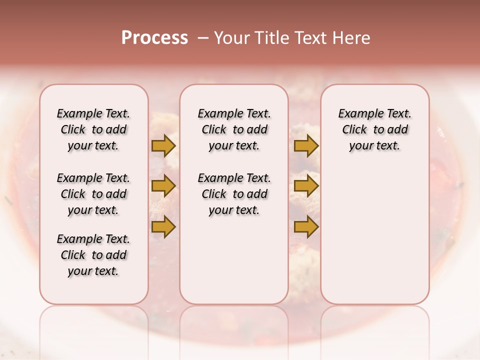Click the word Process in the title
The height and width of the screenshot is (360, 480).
154,38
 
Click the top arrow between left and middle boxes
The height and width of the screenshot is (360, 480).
163,145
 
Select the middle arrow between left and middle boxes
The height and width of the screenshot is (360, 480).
163,186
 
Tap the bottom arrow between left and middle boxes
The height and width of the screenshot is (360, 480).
163,226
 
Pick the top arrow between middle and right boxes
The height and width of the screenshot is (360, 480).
306,145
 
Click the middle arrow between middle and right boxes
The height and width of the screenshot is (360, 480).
306,186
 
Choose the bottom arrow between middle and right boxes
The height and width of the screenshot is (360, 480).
306,226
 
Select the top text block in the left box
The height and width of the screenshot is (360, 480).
93,129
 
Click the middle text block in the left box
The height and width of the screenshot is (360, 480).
93,194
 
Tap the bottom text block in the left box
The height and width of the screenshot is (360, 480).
93,255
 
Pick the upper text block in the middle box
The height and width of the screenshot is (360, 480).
234,129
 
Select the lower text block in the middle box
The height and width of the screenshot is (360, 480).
234,194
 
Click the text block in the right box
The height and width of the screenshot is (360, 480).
374,129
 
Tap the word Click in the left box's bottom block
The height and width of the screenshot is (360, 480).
73,255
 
